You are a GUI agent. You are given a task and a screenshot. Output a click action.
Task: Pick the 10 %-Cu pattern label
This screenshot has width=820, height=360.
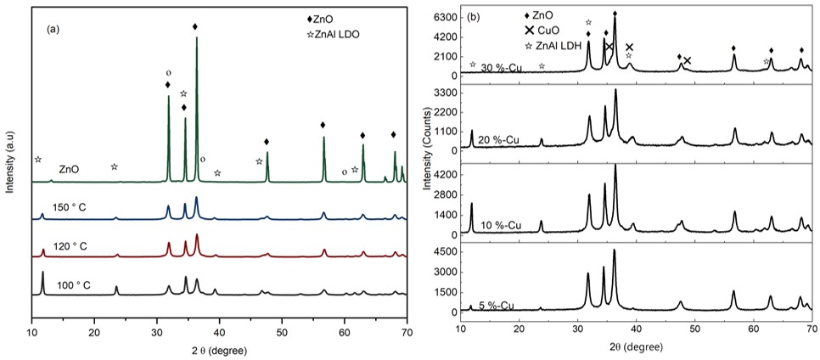coord(503,226)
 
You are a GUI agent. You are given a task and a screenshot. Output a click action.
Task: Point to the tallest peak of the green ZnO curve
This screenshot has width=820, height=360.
coord(197,38)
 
